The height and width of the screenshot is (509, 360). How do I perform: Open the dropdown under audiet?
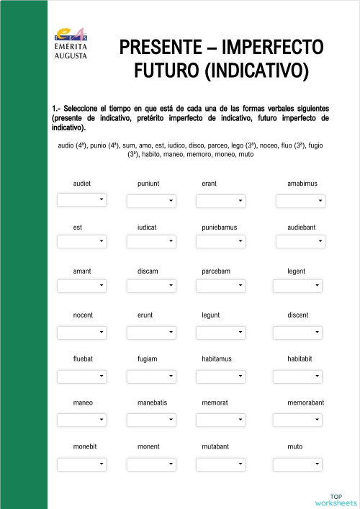81,199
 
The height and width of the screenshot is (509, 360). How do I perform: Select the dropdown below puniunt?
151,200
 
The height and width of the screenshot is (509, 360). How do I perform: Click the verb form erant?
209,184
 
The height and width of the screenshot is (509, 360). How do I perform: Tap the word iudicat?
147,228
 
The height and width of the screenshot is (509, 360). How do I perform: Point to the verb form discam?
148,271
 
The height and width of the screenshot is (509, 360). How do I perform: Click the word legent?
296,271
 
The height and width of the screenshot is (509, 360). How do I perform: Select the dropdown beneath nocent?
81,332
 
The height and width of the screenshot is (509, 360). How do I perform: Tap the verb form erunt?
145,315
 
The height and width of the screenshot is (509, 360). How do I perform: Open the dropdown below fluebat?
81,376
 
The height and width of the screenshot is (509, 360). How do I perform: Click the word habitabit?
300,359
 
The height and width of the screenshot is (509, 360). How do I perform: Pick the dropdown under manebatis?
151,419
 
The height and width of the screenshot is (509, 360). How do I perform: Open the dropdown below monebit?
81,463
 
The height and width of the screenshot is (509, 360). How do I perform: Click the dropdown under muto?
297,463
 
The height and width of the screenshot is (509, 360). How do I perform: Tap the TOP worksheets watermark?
336,499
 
